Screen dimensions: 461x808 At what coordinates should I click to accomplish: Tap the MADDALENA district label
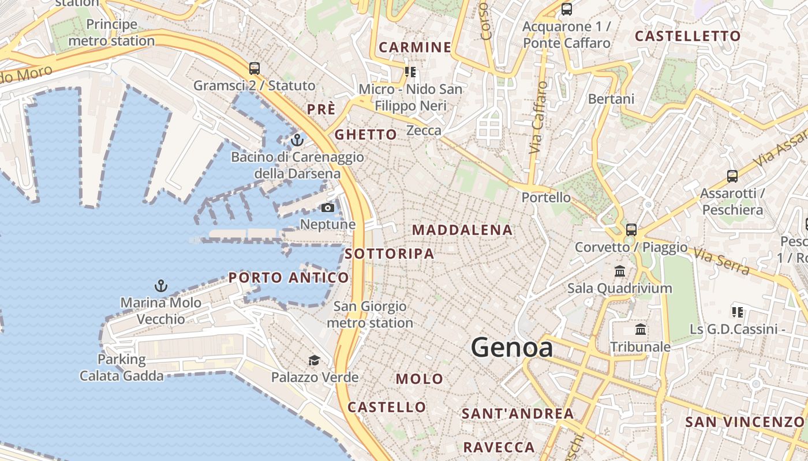(x=462, y=230)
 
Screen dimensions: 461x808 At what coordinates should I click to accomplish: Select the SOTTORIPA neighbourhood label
(x=389, y=254)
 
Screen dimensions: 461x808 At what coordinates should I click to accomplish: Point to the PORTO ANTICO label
(x=289, y=278)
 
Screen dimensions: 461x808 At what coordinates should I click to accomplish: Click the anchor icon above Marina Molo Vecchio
(x=161, y=286)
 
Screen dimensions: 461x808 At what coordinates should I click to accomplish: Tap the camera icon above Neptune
(x=328, y=207)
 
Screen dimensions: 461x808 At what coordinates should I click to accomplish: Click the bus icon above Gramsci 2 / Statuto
(x=255, y=69)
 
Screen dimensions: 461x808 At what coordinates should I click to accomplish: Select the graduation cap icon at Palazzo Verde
(x=314, y=361)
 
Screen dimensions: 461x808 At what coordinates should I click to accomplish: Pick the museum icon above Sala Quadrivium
(x=620, y=271)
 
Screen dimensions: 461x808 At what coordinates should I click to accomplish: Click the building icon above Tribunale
(x=641, y=330)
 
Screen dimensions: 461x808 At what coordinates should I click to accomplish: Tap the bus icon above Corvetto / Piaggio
(x=631, y=230)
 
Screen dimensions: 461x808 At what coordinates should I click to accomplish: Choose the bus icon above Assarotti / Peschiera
(x=732, y=176)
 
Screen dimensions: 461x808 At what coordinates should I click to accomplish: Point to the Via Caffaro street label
(x=538, y=118)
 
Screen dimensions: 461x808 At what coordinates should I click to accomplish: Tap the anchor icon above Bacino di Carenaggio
(x=297, y=140)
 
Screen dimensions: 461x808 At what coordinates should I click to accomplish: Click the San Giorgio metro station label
(x=370, y=315)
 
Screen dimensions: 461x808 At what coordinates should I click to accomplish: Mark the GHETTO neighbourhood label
(x=366, y=135)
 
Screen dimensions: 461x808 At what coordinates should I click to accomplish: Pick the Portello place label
(x=546, y=198)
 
